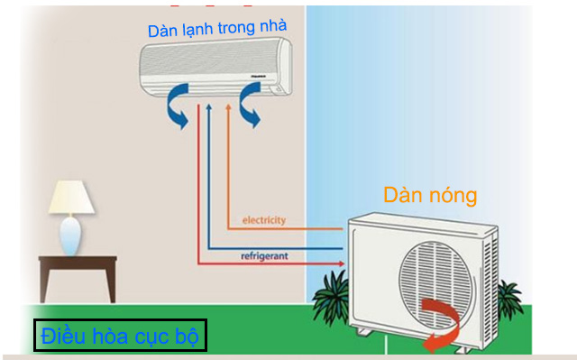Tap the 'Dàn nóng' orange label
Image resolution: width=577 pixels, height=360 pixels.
point(429,195)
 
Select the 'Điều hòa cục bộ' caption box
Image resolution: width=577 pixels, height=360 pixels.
point(121,337)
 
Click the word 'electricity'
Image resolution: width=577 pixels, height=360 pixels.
point(264,220)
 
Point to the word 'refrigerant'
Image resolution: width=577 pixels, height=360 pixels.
point(264,256)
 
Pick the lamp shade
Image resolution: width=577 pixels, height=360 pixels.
point(71,198)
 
